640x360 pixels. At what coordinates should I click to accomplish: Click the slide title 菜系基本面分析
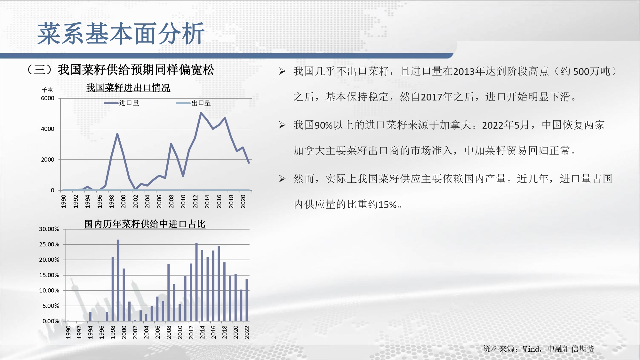coord(121,34)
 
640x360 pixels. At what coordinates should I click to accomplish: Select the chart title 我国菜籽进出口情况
coord(128,88)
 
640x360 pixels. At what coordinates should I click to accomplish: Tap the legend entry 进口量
coord(122,103)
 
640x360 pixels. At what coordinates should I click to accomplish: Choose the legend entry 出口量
coord(194,103)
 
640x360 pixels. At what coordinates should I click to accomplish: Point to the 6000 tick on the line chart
coord(48,98)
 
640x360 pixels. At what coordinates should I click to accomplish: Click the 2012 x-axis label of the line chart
coord(195,201)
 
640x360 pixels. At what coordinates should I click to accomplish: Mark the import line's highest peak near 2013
coord(201,113)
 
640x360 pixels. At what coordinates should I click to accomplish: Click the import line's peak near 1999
coord(117,134)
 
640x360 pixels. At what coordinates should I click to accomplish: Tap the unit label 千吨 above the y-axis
coord(47,90)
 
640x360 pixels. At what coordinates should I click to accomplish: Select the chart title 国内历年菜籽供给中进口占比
coord(145,224)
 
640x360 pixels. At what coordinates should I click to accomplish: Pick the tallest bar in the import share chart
coord(118,280)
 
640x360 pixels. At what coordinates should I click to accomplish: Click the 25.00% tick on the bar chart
coord(49,244)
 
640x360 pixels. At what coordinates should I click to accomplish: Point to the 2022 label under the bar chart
coord(247,332)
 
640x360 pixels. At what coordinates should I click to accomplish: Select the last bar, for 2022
coord(247,300)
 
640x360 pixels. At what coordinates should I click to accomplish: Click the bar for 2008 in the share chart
coord(169,292)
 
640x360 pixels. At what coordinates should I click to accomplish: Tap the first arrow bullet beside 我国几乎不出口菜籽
coord(282,71)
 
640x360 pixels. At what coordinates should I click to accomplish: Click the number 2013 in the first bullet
coord(464,71)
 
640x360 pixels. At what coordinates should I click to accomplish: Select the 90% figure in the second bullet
coord(324,125)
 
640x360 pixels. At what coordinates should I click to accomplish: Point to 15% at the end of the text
coord(388,204)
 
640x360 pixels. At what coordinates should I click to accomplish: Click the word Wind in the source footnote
coord(531,349)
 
